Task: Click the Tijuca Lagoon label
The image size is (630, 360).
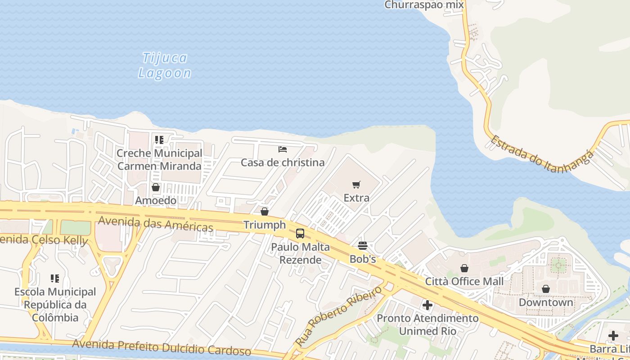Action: (x=165, y=65)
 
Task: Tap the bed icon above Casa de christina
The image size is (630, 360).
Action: (x=283, y=149)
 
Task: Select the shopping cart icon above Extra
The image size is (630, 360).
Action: (x=356, y=184)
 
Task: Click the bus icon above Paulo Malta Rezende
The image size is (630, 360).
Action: (x=300, y=234)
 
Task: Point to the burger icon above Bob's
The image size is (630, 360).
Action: (x=363, y=246)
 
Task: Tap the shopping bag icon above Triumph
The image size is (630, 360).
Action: (x=265, y=211)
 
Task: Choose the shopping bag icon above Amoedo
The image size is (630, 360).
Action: (x=156, y=187)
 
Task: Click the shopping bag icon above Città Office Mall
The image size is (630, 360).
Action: (x=464, y=268)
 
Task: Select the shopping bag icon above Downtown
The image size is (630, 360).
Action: (x=546, y=289)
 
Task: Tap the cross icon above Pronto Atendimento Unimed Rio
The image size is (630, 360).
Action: (x=427, y=306)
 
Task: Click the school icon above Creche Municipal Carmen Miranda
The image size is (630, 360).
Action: (x=159, y=140)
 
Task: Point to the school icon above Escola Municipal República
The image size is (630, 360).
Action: (x=55, y=279)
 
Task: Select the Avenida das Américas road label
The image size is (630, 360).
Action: (x=155, y=223)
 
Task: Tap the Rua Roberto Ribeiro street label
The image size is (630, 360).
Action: (x=338, y=315)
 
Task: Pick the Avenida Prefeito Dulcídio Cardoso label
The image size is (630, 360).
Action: (x=162, y=347)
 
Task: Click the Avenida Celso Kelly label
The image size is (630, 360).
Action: (x=43, y=239)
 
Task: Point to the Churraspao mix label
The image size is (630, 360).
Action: (x=424, y=5)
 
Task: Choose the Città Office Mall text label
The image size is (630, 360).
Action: (x=464, y=282)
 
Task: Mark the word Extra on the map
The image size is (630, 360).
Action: (x=356, y=198)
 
